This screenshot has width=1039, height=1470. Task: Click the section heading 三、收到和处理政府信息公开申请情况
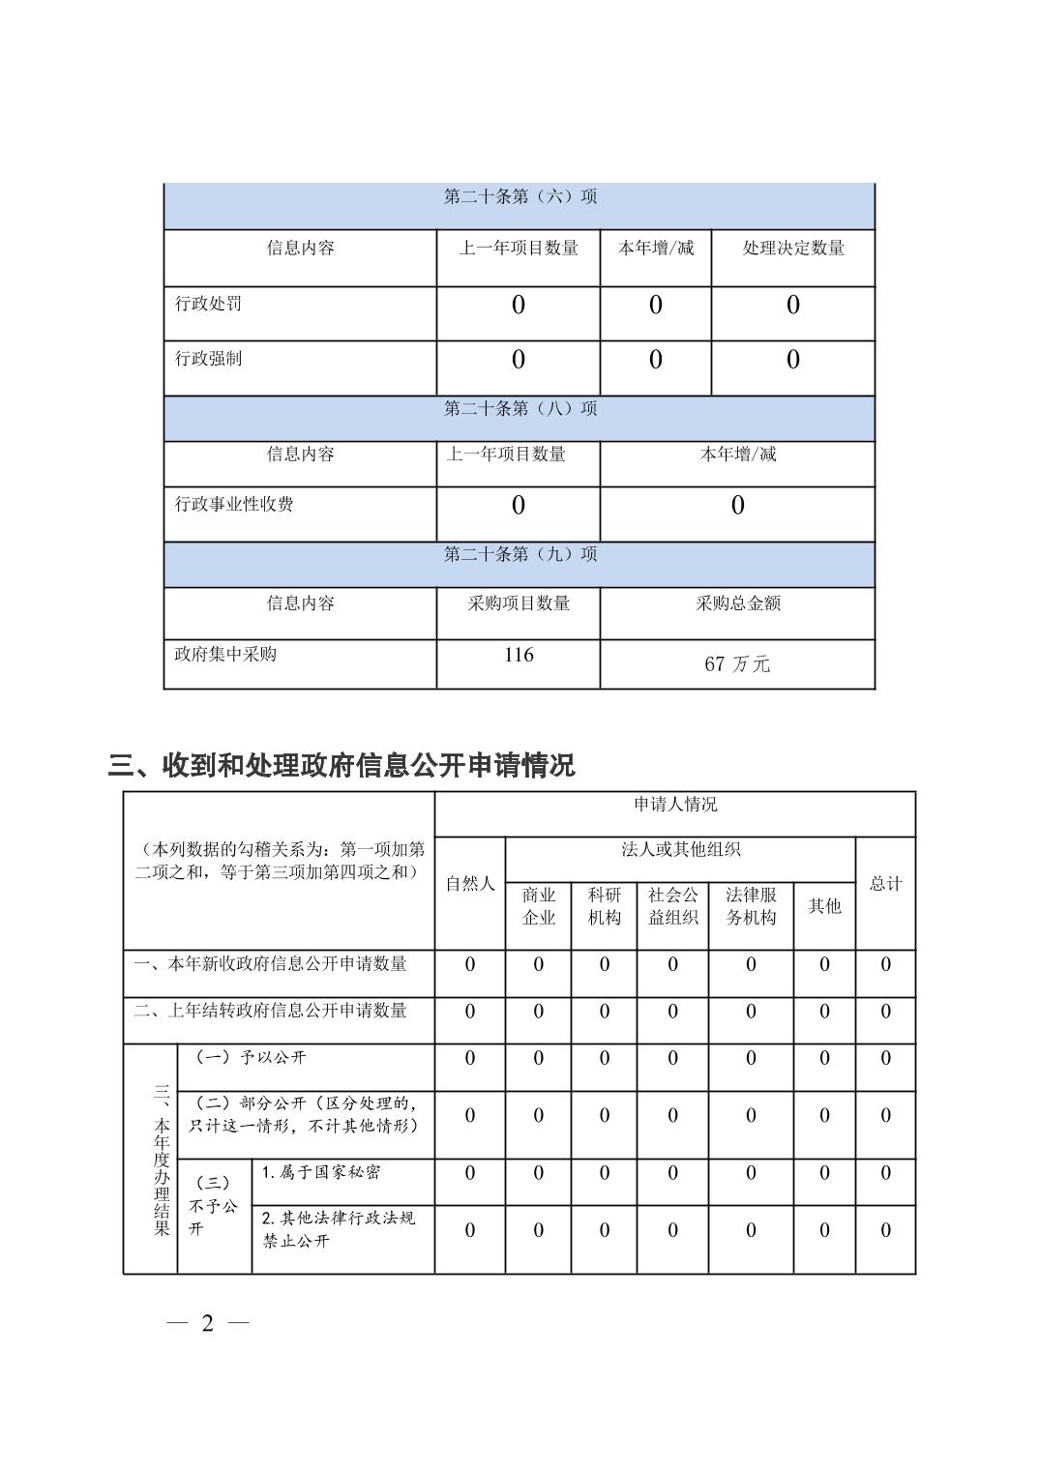click(x=341, y=766)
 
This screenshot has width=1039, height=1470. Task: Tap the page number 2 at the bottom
click(x=207, y=1323)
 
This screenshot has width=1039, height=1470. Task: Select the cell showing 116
click(x=519, y=656)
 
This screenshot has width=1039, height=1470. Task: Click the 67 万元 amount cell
click(x=737, y=663)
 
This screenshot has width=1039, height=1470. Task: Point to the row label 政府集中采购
click(x=225, y=655)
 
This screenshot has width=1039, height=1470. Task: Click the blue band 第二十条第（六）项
click(x=519, y=197)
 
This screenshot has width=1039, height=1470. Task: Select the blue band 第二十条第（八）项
click(x=519, y=409)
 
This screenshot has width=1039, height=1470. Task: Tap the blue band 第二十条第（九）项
click(x=519, y=554)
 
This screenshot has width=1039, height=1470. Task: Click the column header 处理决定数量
click(x=793, y=249)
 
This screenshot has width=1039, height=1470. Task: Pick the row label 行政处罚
click(x=208, y=304)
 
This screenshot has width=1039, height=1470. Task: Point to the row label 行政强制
click(x=208, y=359)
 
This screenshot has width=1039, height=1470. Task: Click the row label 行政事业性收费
click(x=234, y=504)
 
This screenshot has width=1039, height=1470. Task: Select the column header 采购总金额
click(x=737, y=603)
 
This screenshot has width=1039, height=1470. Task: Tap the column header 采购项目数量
click(x=519, y=603)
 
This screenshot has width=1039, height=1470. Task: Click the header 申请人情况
click(x=675, y=805)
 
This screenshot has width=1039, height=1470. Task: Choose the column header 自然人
click(x=470, y=883)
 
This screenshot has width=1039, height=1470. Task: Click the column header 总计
click(x=885, y=883)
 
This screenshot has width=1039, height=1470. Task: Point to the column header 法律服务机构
click(x=751, y=906)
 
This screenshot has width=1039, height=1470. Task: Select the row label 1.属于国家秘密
click(x=321, y=1172)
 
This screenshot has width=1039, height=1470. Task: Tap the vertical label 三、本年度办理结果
click(x=161, y=1160)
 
